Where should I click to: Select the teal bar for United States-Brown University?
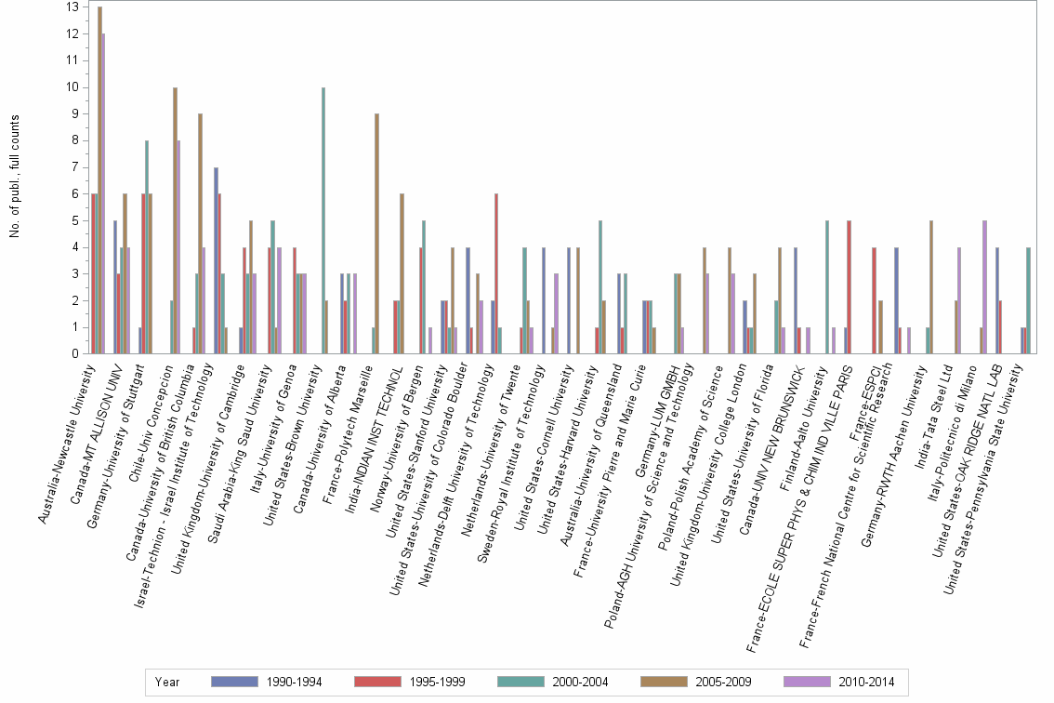pos(323,220)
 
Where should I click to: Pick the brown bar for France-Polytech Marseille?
pos(376,233)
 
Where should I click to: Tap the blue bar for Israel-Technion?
pos(216,260)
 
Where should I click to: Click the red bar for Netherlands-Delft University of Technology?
pos(496,273)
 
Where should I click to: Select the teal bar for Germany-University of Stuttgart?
pos(147,246)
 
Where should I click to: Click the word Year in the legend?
pos(167,682)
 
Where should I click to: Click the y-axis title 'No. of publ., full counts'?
pos(15,177)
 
